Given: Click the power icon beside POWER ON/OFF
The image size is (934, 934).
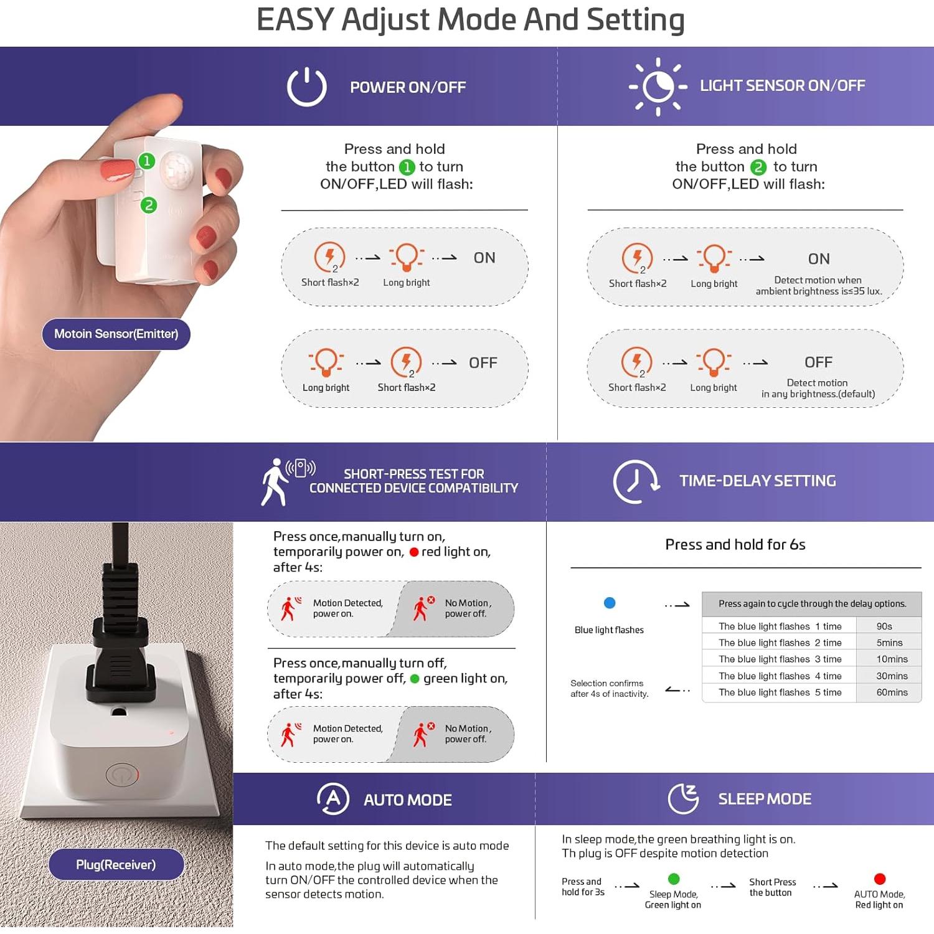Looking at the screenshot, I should coord(306,87).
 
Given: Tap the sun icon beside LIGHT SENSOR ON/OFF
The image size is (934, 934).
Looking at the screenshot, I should coord(658,87).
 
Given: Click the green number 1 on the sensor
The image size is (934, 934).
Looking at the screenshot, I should coord(146,161).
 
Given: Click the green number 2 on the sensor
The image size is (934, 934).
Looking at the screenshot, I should coord(149,205).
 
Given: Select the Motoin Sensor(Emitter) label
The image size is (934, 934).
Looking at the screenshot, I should coord(116,334).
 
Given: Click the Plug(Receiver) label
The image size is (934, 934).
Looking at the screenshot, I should coord(116,865).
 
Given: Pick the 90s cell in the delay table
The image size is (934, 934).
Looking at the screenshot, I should coord(884,626).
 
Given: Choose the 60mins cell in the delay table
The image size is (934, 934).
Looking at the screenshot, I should coord(892,692).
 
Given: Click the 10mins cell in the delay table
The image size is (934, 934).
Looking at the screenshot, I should coord(892,659).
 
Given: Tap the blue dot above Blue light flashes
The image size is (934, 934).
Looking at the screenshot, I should coord(610,603).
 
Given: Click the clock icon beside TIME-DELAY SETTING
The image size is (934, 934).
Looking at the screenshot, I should coord(635,481).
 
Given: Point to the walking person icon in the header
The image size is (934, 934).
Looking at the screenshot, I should coord(274,482).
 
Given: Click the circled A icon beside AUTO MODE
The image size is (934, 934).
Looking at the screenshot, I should coord(333,799).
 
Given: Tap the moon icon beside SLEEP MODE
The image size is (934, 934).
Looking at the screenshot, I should coord(684,799).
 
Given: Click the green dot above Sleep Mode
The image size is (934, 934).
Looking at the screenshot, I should coord(674,879).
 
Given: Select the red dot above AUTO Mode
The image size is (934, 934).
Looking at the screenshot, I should coord(880,879).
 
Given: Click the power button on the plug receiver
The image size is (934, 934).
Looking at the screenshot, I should coord(122,775).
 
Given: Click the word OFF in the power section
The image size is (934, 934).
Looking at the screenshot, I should coord(483,363).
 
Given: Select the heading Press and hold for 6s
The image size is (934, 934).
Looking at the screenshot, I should coord(735,545).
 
